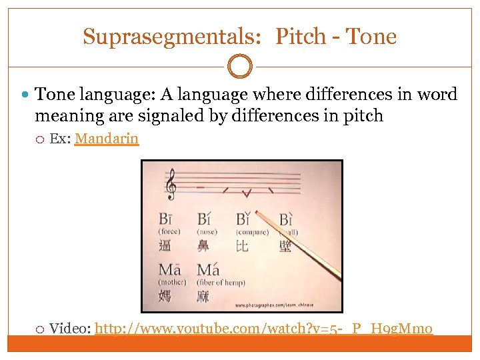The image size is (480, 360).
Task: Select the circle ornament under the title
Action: [x=240, y=67]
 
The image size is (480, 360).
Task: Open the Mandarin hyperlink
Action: [x=107, y=139]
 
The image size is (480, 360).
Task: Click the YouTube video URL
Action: [x=264, y=328]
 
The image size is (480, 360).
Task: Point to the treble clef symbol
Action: [x=171, y=184]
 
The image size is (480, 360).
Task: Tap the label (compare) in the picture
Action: [x=252, y=232]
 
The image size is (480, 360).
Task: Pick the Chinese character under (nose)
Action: [x=203, y=246]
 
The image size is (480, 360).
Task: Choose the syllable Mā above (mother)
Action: [x=169, y=270]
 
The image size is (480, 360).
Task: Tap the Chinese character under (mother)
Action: [x=165, y=295]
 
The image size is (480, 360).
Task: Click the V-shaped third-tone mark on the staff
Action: [x=246, y=193]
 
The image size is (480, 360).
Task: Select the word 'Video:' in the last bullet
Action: [x=71, y=328]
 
